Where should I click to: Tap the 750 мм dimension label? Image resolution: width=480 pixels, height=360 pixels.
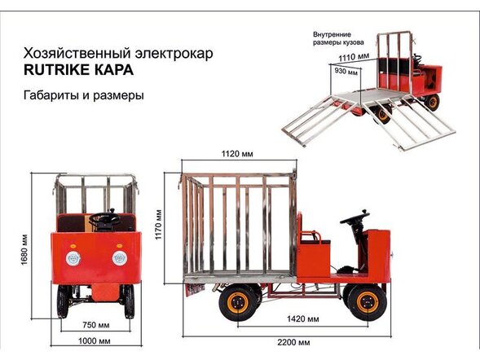(95, 325)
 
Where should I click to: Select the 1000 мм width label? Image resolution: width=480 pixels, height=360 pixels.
(95, 341)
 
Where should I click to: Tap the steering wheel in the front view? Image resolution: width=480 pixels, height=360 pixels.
(103, 217)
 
